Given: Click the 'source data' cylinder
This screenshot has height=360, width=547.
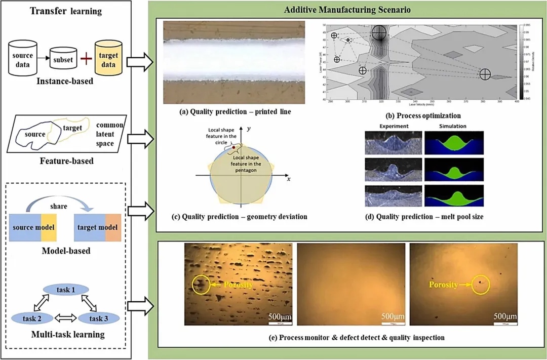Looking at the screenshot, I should (23, 60).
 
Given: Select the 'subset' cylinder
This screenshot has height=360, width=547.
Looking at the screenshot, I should (63, 60).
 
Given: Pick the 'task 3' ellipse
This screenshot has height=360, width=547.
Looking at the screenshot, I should (98, 318).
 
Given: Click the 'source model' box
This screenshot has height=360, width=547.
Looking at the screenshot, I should (32, 228).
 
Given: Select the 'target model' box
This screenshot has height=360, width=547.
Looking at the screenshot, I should (97, 228).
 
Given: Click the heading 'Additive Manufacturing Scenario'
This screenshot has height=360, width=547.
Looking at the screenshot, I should (347, 10).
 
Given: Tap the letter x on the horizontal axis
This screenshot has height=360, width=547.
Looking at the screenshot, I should (288, 179).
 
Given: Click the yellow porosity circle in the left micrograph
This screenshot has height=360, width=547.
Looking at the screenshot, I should (200, 285).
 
